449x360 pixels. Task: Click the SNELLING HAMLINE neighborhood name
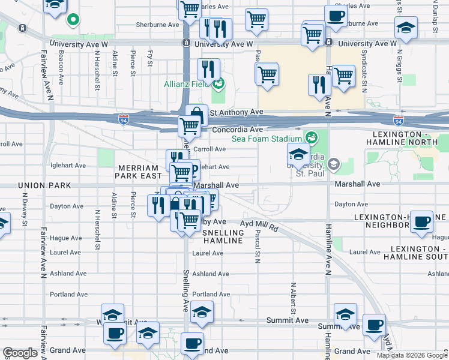click(x=222, y=236)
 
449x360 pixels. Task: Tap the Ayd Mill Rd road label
click(x=259, y=226)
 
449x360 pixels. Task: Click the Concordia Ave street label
click(x=237, y=130)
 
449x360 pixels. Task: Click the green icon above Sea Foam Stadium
click(x=310, y=137)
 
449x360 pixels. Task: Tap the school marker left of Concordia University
click(x=298, y=152)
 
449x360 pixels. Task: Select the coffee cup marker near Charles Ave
click(x=336, y=15)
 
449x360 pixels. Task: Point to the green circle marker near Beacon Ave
click(x=73, y=20)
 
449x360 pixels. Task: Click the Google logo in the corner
click(x=20, y=353)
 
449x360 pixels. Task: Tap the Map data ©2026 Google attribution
click(x=412, y=355)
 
